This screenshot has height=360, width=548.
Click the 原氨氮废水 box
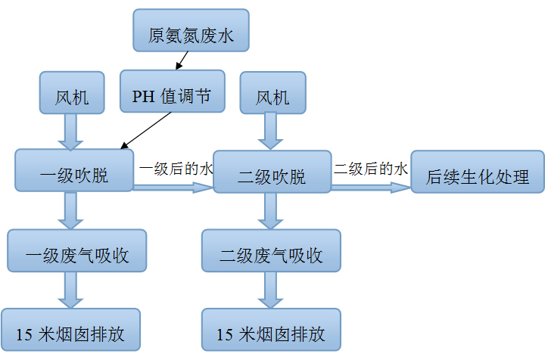point(190,32)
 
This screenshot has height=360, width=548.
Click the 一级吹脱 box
point(74,170)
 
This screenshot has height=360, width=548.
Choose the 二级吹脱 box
point(272,175)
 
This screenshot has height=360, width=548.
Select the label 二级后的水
point(371,168)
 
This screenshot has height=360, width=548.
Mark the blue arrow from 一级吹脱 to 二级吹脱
point(173,186)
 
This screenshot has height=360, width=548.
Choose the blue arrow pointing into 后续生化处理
point(370,186)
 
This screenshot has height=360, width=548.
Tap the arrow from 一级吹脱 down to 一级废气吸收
point(73,210)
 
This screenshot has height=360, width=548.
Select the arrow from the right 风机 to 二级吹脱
point(271,133)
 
